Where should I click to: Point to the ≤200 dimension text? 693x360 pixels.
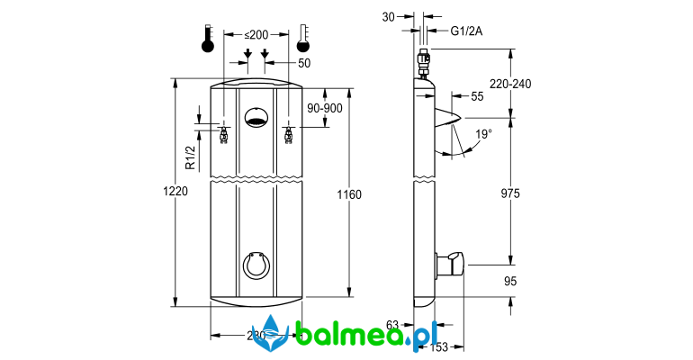click(256, 34)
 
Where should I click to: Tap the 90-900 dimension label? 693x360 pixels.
click(325, 108)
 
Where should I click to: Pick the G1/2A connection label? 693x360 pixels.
click(466, 31)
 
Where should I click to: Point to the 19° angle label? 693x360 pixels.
click(483, 135)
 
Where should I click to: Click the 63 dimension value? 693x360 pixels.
click(392, 325)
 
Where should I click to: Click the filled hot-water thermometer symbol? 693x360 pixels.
click(208, 41)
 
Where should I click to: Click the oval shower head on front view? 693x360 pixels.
click(256, 116)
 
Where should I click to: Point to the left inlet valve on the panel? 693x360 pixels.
click(223, 136)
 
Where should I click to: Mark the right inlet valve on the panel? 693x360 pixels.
click(289, 136)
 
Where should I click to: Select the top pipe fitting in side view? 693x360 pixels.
click(424, 65)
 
